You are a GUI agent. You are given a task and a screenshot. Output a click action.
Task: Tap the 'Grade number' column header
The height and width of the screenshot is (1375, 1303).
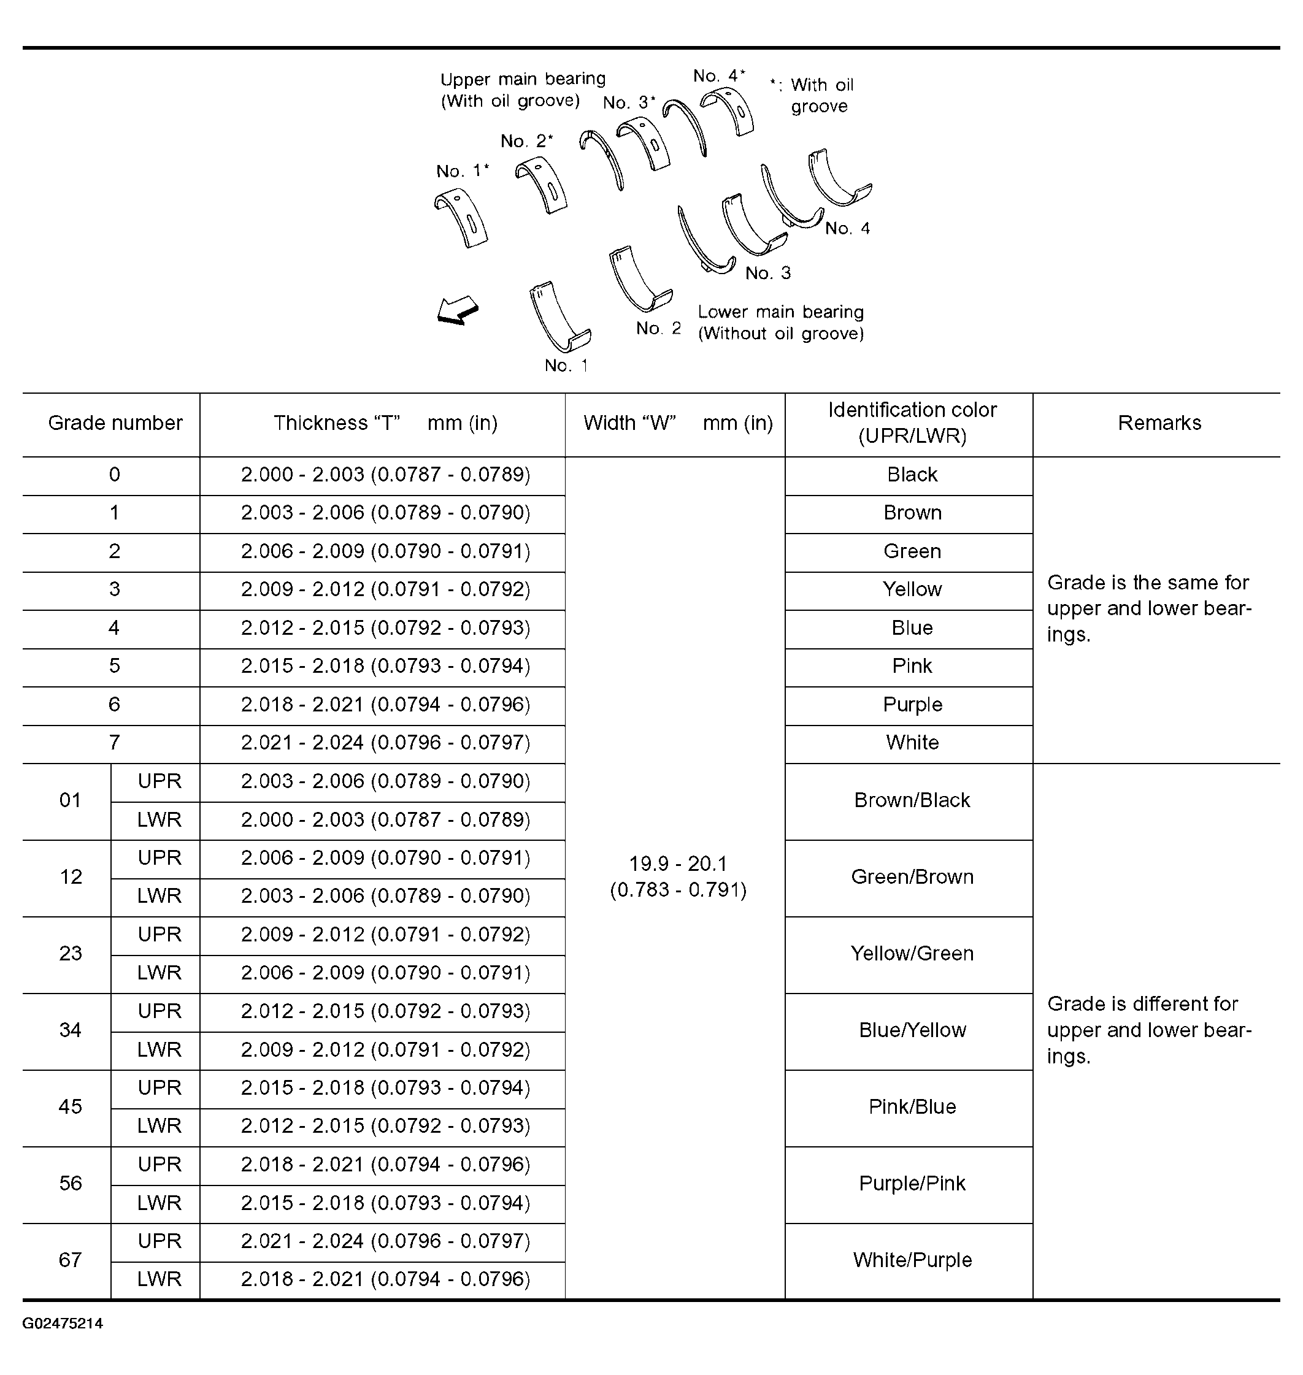[115, 423]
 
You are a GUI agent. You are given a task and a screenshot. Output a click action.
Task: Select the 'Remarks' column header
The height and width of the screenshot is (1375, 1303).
[1159, 423]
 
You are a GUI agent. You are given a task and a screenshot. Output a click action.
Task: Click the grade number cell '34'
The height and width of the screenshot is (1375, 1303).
[70, 1030]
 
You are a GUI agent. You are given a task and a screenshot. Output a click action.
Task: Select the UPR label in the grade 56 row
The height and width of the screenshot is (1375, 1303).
[159, 1164]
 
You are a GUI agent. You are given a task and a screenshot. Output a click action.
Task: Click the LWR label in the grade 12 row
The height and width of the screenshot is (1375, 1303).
[159, 896]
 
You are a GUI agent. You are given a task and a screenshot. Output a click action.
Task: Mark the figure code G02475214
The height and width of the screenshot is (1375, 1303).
[63, 1323]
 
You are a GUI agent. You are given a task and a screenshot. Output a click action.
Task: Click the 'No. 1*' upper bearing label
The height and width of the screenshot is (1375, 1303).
[462, 171]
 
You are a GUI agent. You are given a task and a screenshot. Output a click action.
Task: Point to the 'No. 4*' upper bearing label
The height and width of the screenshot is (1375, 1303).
[718, 75]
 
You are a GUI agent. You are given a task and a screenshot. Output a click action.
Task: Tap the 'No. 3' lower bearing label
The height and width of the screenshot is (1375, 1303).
[767, 273]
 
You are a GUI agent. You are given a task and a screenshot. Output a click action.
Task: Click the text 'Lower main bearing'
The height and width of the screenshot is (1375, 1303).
[781, 312]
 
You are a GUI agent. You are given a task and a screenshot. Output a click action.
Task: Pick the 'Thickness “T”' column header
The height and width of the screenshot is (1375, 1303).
[385, 423]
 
